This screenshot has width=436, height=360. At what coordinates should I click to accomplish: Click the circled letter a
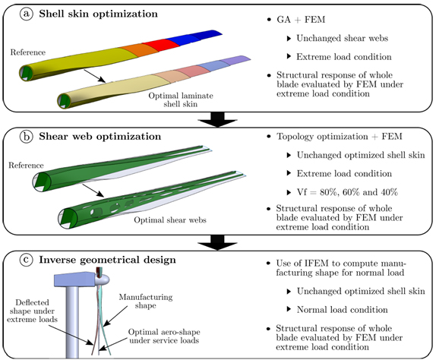click(x=27, y=14)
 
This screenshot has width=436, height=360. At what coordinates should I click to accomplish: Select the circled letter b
click(x=27, y=137)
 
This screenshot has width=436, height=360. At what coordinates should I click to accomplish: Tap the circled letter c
click(x=27, y=260)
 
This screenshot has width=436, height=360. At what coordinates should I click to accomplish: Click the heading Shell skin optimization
click(x=98, y=14)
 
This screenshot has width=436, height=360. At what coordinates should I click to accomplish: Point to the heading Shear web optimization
click(x=100, y=137)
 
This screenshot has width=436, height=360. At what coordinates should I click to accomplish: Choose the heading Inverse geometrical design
click(x=107, y=260)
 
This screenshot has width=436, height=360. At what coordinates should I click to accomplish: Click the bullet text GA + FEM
click(x=301, y=20)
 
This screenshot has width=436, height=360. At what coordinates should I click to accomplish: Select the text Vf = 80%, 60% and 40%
click(x=347, y=192)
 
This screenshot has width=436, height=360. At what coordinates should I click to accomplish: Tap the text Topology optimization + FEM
click(x=340, y=137)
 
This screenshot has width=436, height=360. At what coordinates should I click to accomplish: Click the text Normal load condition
click(x=342, y=310)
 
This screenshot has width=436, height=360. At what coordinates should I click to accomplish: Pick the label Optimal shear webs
click(x=170, y=220)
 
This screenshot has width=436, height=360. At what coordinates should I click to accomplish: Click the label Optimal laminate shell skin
click(x=181, y=99)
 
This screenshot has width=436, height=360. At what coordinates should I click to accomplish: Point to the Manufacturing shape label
click(x=146, y=302)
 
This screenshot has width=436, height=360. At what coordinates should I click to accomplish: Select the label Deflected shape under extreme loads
click(x=32, y=311)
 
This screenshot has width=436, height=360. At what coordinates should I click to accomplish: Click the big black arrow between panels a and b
click(x=217, y=119)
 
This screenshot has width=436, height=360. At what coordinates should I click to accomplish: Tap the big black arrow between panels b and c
click(x=217, y=242)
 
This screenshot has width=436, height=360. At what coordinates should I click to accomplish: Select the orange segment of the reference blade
click(x=140, y=50)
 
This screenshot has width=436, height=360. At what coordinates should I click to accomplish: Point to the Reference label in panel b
click(x=26, y=166)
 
